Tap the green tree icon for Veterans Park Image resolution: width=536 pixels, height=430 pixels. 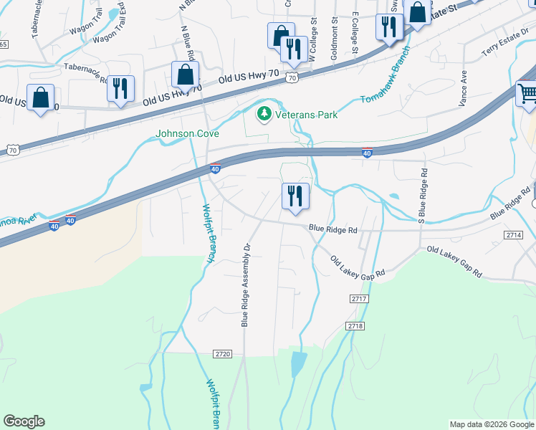pyautogui.click(x=264, y=113)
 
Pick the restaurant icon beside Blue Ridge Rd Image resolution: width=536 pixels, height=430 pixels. pyautogui.click(x=295, y=196)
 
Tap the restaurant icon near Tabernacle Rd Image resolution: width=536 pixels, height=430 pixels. pyautogui.click(x=120, y=88)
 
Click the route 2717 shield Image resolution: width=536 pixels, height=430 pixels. pyautogui.click(x=359, y=298)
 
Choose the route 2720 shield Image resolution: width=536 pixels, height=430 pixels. pyautogui.click(x=223, y=354)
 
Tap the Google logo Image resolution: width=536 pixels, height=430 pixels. pyautogui.click(x=24, y=421)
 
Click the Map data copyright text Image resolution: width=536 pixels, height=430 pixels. pyautogui.click(x=491, y=424)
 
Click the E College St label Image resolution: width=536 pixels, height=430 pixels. pyautogui.click(x=355, y=36)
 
